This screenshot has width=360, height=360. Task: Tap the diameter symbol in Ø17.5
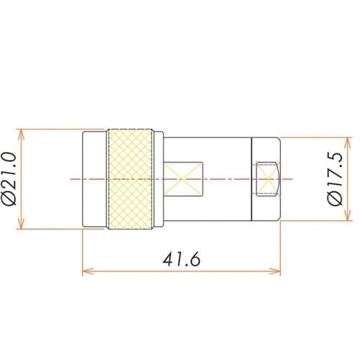[x=334, y=203]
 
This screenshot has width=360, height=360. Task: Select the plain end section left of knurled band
[x=94, y=180]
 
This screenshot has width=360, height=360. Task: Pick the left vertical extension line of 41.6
[x=82, y=252]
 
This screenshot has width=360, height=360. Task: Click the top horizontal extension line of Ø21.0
[x=50, y=130]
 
